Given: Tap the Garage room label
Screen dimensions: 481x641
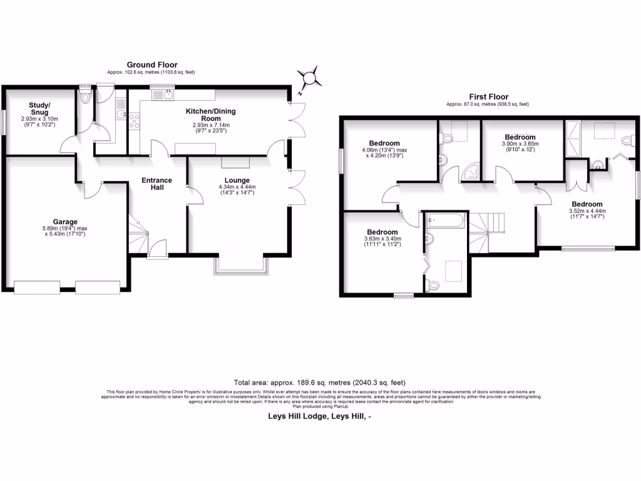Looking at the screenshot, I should click(x=65, y=222).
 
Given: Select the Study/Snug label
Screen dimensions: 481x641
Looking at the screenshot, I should click(x=39, y=108).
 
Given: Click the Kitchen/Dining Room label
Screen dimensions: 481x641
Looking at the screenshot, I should click(x=207, y=115).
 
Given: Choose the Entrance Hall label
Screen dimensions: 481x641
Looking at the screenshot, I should click(x=156, y=184).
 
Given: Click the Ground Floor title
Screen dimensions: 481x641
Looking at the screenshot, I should click(x=152, y=65).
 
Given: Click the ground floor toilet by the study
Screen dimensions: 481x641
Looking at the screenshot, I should click(x=86, y=97).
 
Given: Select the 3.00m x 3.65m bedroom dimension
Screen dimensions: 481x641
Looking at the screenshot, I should click(x=520, y=144).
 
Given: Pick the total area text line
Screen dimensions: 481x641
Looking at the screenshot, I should click(x=320, y=382).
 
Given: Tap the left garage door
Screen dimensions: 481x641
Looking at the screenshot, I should click(x=36, y=287).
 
